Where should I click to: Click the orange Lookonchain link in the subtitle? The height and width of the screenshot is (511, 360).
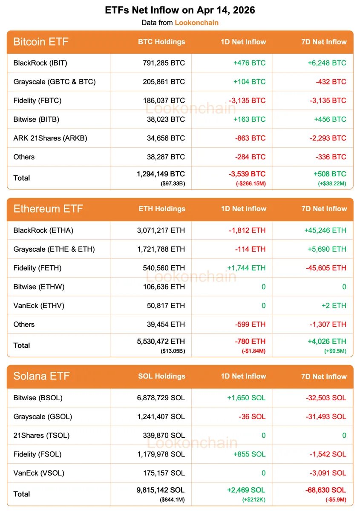pyautogui.click(x=196, y=23)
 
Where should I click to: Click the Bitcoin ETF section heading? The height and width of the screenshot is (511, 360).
pyautogui.click(x=41, y=42)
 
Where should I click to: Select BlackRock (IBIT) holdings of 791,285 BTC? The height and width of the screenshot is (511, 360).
pyautogui.click(x=164, y=63)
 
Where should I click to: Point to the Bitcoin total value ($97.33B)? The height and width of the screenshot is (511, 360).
pyautogui.click(x=173, y=184)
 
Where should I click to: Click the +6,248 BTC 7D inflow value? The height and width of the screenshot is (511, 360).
pyautogui.click(x=327, y=63)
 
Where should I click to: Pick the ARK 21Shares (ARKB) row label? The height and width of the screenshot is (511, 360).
pyautogui.click(x=50, y=138)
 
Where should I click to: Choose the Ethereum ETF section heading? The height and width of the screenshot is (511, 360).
pyautogui.click(x=48, y=209)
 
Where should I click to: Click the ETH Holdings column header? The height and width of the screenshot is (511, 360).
pyautogui.click(x=162, y=209)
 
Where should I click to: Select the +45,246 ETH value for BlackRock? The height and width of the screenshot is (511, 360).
pyautogui.click(x=325, y=230)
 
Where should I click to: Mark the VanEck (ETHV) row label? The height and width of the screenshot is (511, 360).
pyautogui.click(x=40, y=305)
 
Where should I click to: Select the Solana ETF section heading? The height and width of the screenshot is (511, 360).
pyautogui.click(x=42, y=376)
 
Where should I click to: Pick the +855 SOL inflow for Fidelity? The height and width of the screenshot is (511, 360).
pyautogui.click(x=249, y=454)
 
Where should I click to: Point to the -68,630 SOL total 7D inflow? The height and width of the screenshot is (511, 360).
pyautogui.click(x=326, y=490)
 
